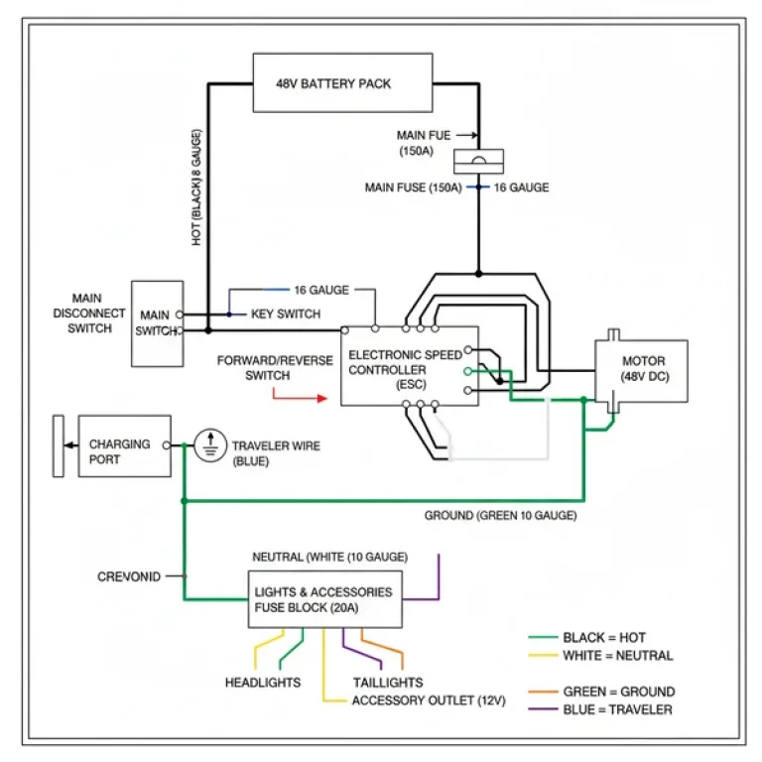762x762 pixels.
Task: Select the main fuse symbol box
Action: click(x=478, y=160)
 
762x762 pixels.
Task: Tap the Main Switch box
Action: click(x=158, y=322)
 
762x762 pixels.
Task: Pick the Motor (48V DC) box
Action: click(x=641, y=369)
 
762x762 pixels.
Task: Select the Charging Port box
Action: click(x=124, y=445)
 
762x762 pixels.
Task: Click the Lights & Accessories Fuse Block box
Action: click(x=324, y=599)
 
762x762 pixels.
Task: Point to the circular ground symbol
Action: click(x=209, y=445)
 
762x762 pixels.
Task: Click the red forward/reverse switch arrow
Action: click(x=299, y=398)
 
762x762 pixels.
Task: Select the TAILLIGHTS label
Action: click(x=388, y=683)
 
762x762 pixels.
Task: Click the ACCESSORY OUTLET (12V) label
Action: click(x=429, y=700)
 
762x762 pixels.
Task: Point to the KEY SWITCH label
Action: click(x=286, y=314)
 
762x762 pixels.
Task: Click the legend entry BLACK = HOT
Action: click(x=604, y=637)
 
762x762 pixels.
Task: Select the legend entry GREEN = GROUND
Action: click(x=618, y=691)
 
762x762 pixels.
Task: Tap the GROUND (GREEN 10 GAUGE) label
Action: click(x=500, y=516)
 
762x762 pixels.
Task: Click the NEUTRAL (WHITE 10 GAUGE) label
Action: click(x=330, y=557)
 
